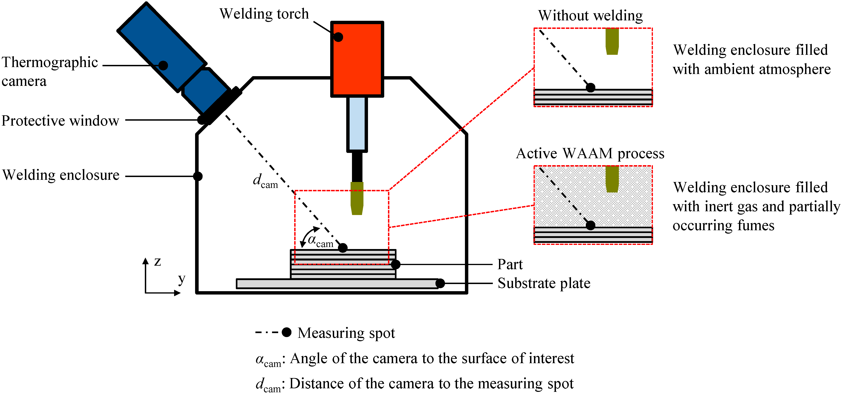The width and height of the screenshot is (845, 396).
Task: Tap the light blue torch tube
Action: pyautogui.click(x=357, y=124)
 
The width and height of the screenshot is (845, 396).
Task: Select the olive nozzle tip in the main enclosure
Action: pyautogui.click(x=357, y=198)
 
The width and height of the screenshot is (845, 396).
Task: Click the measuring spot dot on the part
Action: pyautogui.click(x=343, y=248)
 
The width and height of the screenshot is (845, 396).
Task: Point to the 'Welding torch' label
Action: pyautogui.click(x=264, y=14)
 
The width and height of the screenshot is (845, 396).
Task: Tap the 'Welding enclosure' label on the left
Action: pyautogui.click(x=61, y=175)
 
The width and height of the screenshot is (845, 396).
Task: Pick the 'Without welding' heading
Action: pyautogui.click(x=590, y=15)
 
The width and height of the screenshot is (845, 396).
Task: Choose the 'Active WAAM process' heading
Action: pyautogui.click(x=590, y=153)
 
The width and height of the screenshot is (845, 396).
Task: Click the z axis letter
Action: pyautogui.click(x=158, y=261)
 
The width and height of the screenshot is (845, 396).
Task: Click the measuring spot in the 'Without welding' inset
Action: pyautogui.click(x=590, y=88)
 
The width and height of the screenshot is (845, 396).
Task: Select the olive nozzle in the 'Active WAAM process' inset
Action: pyautogui.click(x=612, y=179)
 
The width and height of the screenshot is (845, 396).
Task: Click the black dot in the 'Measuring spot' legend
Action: pyautogui.click(x=287, y=332)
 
